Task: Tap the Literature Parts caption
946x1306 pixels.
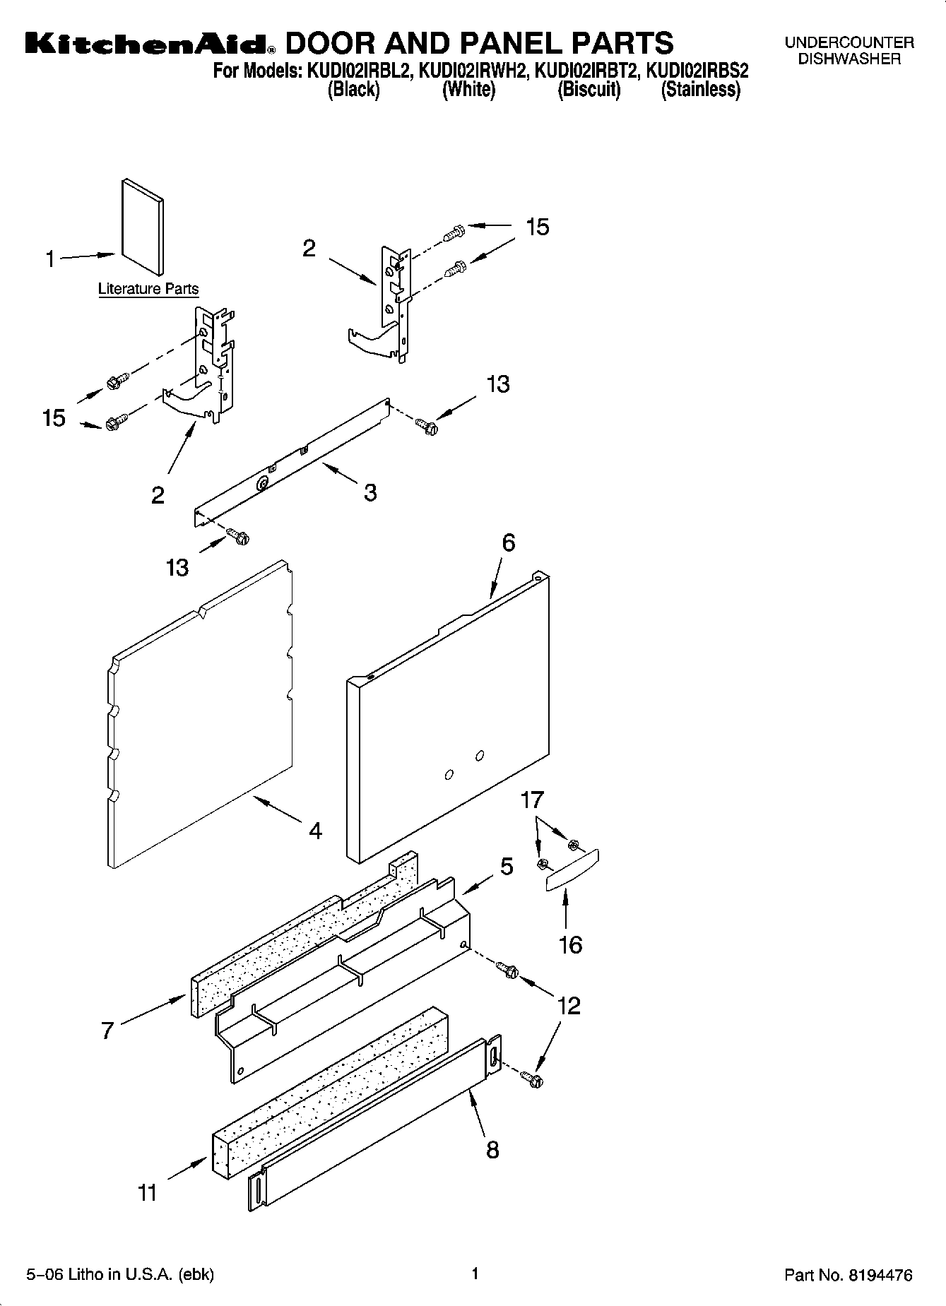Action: (x=148, y=289)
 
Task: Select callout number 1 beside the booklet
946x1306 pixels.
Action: (x=49, y=260)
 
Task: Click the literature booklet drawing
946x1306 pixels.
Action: (x=142, y=227)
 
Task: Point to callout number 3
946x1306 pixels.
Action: (x=370, y=492)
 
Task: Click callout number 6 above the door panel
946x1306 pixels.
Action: (x=508, y=542)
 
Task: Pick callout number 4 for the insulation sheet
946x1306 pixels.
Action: (x=315, y=831)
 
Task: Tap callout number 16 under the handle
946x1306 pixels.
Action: (x=570, y=944)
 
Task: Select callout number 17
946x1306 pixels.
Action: (x=532, y=800)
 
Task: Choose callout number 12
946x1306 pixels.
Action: (x=569, y=1006)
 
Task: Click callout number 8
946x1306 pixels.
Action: (x=492, y=1150)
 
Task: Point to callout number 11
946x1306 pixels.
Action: (x=147, y=1193)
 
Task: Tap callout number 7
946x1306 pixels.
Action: (x=107, y=1031)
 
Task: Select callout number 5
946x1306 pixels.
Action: (x=507, y=867)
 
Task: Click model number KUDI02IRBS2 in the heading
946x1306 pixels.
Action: (x=697, y=71)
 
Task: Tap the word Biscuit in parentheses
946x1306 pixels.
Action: (x=589, y=90)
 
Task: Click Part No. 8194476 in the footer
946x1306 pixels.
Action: (x=848, y=1276)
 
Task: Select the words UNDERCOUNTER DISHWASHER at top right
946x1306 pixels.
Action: (x=849, y=51)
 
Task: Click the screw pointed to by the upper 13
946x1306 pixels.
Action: (x=426, y=426)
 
